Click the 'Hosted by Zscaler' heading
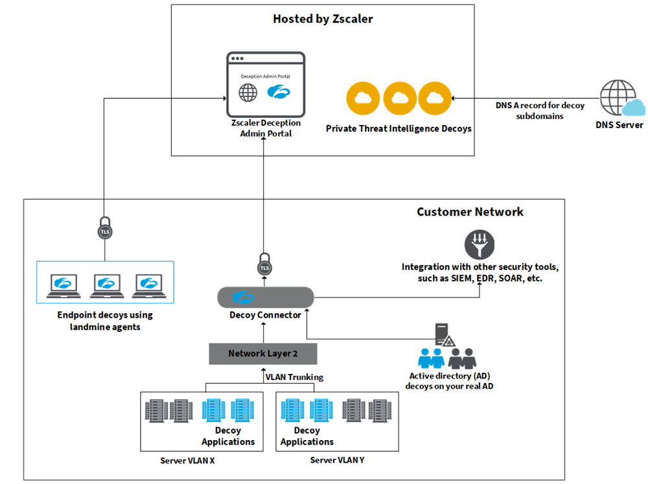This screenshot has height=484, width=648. click(x=323, y=19)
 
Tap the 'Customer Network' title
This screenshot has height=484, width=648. click(x=470, y=212)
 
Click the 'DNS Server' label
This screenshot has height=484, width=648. click(x=619, y=125)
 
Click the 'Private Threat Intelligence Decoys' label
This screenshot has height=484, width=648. click(x=399, y=129)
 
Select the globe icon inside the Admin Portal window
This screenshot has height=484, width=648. click(x=248, y=93)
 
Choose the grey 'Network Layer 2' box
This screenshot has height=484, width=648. click(x=263, y=353)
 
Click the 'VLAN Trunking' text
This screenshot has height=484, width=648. click(x=294, y=377)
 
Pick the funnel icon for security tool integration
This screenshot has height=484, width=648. click(x=480, y=244)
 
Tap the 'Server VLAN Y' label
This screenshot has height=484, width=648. click(x=337, y=460)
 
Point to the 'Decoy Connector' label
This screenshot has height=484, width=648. click(x=265, y=315)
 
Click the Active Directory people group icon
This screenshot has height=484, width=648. click(x=447, y=358)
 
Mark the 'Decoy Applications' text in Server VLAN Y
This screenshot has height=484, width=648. click(x=307, y=435)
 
